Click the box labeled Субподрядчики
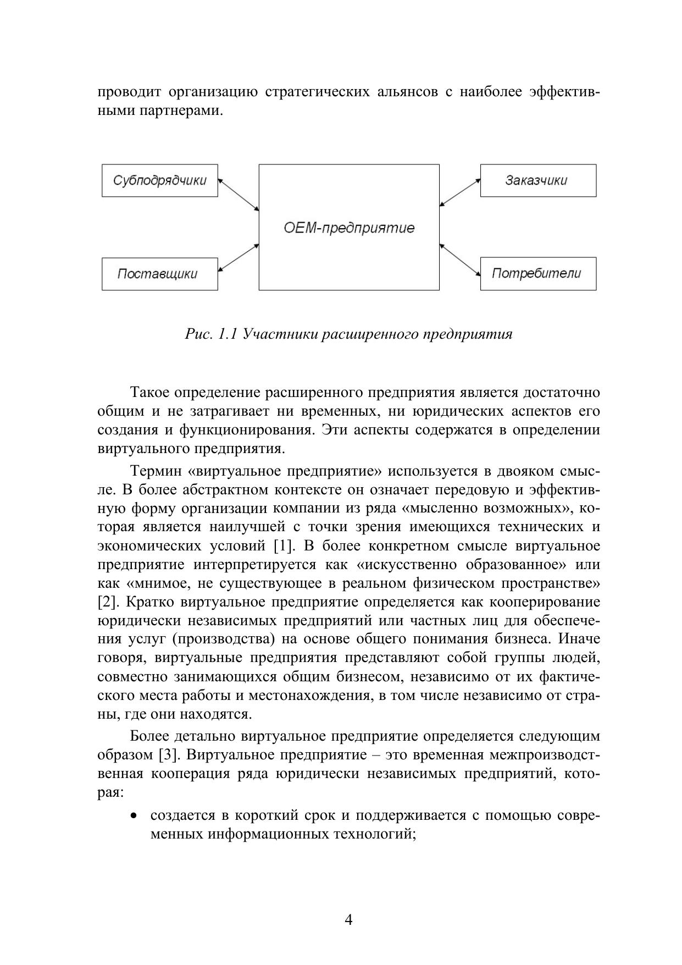click(x=159, y=180)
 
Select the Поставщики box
click(x=159, y=274)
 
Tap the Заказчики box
click(x=537, y=180)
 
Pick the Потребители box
click(x=537, y=274)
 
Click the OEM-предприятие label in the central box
click(x=349, y=228)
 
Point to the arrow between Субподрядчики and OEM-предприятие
click(x=239, y=194)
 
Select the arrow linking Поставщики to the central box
click(x=239, y=258)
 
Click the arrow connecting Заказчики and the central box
click(x=460, y=192)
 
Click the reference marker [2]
click(x=107, y=602)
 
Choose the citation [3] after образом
click(x=168, y=754)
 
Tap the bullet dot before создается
click(x=134, y=816)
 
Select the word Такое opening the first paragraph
click(x=149, y=393)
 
